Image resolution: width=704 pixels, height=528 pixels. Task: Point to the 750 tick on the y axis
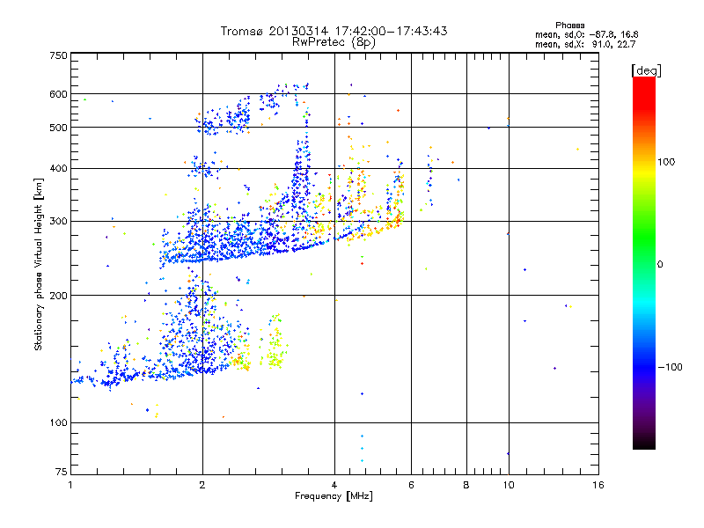pyautogui.click(x=58, y=55)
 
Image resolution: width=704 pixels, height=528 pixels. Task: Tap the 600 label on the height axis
pyautogui.click(x=58, y=94)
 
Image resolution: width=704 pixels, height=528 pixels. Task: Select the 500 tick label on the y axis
pyautogui.click(x=58, y=128)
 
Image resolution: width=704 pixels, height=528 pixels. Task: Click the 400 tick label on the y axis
pyautogui.click(x=58, y=168)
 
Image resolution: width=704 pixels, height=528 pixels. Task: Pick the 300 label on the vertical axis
pyautogui.click(x=58, y=221)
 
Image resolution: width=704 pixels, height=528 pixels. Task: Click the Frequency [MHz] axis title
pyautogui.click(x=334, y=497)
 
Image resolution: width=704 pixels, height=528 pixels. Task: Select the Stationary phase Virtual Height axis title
pyautogui.click(x=39, y=264)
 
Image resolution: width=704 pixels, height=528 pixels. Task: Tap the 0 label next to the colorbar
pyautogui.click(x=659, y=264)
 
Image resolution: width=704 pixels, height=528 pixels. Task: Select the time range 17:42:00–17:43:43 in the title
pyautogui.click(x=391, y=31)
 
